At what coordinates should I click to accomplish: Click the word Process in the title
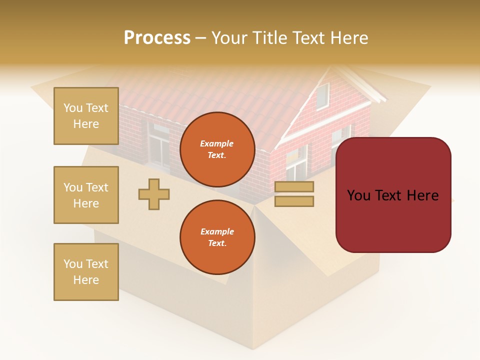157,37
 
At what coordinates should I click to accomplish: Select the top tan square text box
86,116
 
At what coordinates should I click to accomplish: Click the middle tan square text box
86,195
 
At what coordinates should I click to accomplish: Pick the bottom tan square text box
86,272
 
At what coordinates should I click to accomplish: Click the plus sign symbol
154,194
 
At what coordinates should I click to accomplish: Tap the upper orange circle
217,149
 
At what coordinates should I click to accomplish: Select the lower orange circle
217,237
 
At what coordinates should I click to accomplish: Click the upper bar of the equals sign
294,187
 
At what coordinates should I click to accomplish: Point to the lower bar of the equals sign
294,201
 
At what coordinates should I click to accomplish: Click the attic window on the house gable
322,96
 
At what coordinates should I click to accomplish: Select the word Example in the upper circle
217,143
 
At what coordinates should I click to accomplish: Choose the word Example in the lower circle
217,231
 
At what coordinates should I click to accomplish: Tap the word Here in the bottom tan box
86,280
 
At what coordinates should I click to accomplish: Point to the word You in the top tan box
73,108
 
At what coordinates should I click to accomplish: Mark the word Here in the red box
422,195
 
